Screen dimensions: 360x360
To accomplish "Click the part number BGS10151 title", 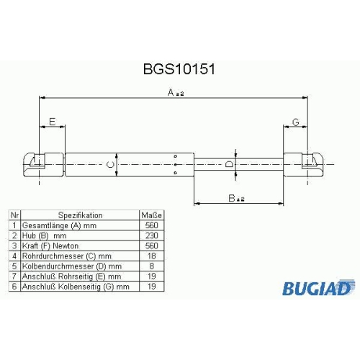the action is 179,69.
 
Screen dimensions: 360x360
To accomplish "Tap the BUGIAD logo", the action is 318,287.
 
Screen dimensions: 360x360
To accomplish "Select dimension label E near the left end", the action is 53,122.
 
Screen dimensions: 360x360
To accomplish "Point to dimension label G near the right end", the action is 296,122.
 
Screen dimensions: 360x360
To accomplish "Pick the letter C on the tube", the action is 110,165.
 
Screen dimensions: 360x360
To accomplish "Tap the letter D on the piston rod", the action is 229,164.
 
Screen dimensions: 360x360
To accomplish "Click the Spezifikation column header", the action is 81,215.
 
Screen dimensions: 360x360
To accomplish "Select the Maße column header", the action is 152,215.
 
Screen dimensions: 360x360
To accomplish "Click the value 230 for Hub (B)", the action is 152,235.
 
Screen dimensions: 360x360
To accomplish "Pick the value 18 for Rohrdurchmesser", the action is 152,256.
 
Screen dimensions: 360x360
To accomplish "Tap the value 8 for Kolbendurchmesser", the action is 152,266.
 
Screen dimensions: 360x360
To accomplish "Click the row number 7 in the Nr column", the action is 14,276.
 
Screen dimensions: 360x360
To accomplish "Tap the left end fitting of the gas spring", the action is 44,165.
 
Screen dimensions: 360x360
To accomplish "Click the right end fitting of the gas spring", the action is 303,165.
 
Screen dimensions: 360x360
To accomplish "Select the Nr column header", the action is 14,215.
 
